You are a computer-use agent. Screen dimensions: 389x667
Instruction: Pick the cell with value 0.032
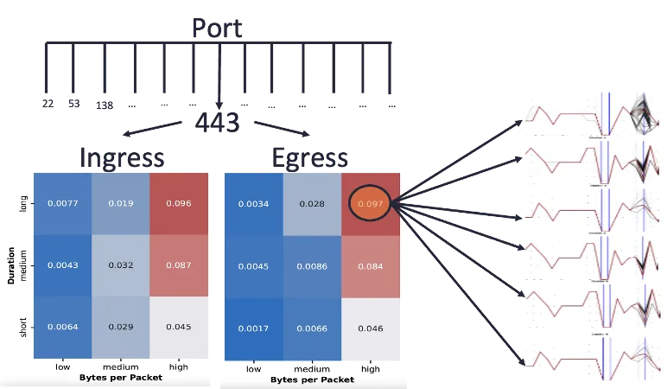[x=121, y=265]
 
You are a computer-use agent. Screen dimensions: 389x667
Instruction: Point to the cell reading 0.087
[x=180, y=265]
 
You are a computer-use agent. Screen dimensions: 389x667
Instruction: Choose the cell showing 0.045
[x=180, y=326]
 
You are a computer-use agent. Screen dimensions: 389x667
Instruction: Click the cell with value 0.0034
[x=253, y=204]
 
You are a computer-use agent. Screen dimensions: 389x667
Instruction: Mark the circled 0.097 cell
[x=370, y=204]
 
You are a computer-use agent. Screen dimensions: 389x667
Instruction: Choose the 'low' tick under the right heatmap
[x=253, y=369]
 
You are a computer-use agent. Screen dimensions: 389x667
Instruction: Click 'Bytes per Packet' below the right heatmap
[x=311, y=379]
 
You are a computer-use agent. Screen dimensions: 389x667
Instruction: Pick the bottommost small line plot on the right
[x=591, y=355]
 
